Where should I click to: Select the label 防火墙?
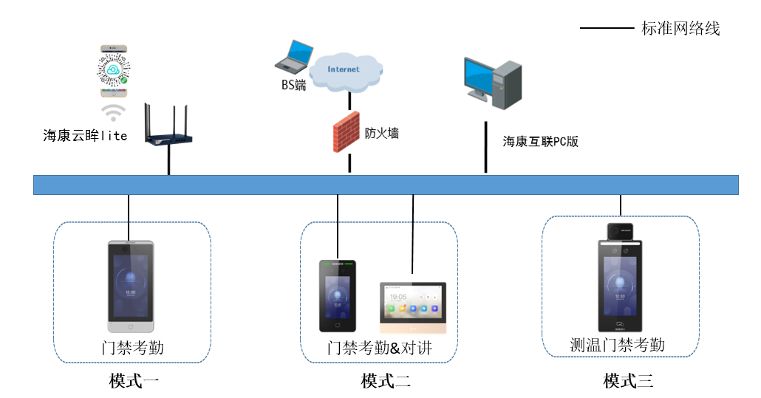click(x=382, y=133)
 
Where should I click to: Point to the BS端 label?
click(x=293, y=85)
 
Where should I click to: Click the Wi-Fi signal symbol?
click(x=113, y=112)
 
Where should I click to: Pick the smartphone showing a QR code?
click(x=114, y=71)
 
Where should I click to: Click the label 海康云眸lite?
click(x=85, y=135)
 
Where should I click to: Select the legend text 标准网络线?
click(x=680, y=29)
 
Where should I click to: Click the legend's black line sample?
click(x=607, y=29)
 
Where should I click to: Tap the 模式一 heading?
click(x=134, y=381)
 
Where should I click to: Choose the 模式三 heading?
click(x=628, y=381)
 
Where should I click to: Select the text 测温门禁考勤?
click(x=618, y=345)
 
